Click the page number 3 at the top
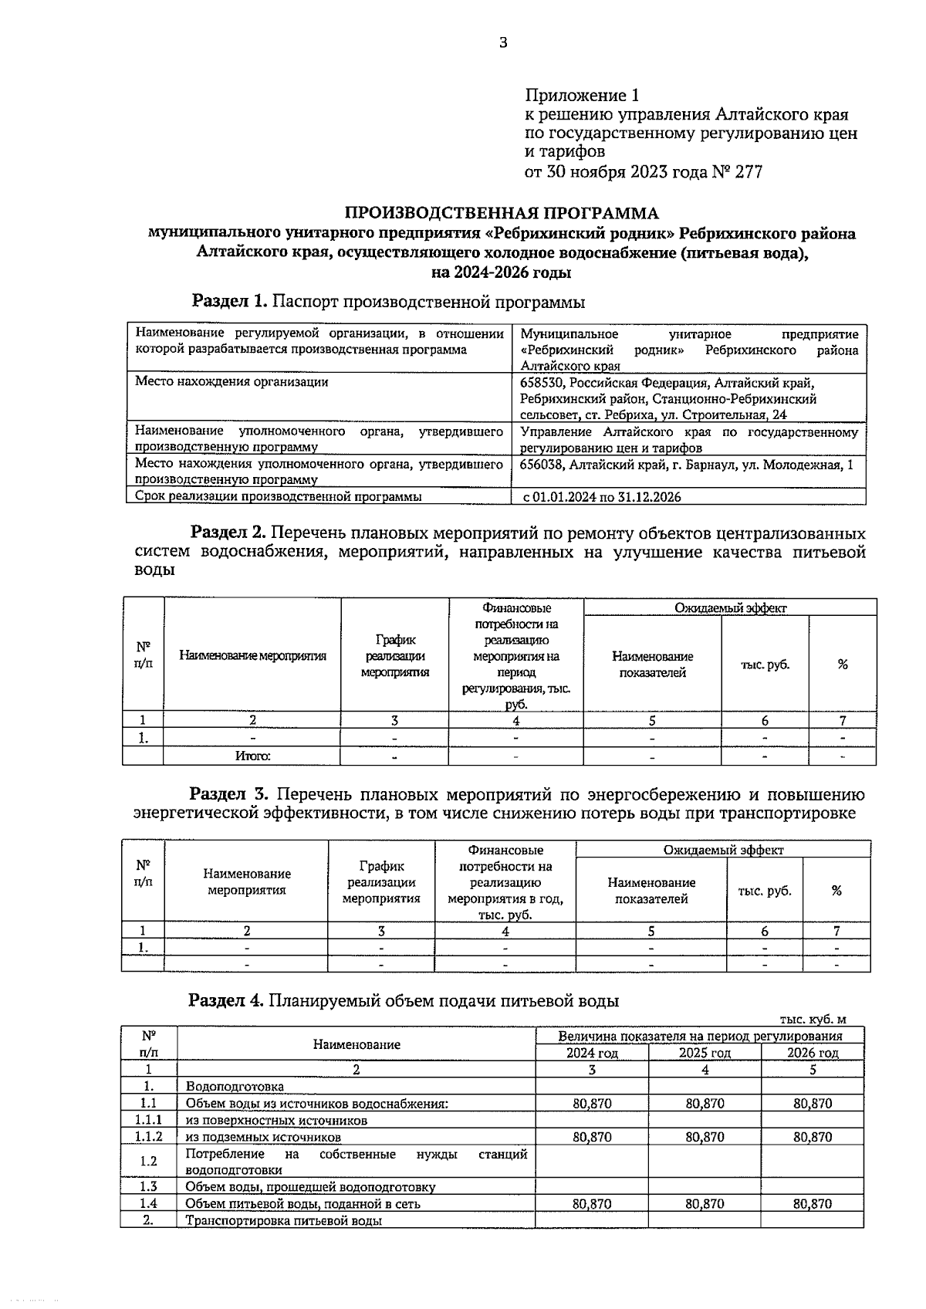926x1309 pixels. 503,43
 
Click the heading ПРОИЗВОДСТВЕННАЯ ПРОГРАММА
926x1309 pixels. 502,213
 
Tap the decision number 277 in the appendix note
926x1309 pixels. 748,171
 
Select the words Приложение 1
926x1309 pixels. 583,96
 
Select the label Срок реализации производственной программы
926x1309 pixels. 278,496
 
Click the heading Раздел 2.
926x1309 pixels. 228,533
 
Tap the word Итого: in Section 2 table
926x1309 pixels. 252,756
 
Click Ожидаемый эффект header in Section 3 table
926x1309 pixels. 723,850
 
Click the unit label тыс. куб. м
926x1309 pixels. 818,1019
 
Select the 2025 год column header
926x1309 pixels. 705,1053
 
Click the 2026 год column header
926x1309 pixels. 813,1053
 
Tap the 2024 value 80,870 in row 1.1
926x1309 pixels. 592,1104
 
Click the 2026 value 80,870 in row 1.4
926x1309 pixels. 813,1203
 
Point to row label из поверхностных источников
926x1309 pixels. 276,1120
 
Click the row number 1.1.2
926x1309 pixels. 148,1137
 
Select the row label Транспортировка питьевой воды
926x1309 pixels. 283,1220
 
